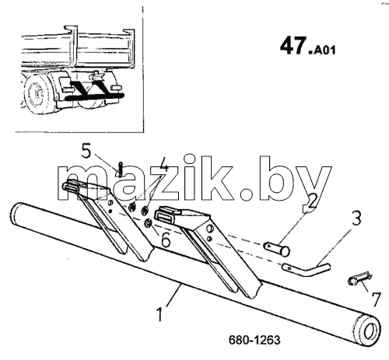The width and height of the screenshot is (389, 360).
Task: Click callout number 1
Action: click(160, 313)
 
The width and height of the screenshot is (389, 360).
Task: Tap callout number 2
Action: click(312, 201)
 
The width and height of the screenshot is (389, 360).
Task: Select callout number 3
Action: click(357, 218)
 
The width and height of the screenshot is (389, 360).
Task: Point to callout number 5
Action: click(86, 151)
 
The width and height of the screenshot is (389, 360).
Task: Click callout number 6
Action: click(165, 240)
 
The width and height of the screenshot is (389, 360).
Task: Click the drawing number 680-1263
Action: click(254, 340)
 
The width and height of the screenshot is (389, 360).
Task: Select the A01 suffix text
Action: click(324, 50)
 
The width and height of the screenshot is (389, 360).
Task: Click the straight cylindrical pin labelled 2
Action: click(277, 249)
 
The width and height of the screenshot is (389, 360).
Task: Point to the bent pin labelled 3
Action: click(306, 270)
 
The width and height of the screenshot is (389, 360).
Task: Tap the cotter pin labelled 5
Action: click(121, 169)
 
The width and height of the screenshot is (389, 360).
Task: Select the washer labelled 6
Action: click(149, 223)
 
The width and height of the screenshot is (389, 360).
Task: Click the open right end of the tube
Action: click(370, 332)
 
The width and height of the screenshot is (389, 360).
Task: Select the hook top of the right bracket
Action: click(166, 214)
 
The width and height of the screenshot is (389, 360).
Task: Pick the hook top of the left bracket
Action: click(72, 187)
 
